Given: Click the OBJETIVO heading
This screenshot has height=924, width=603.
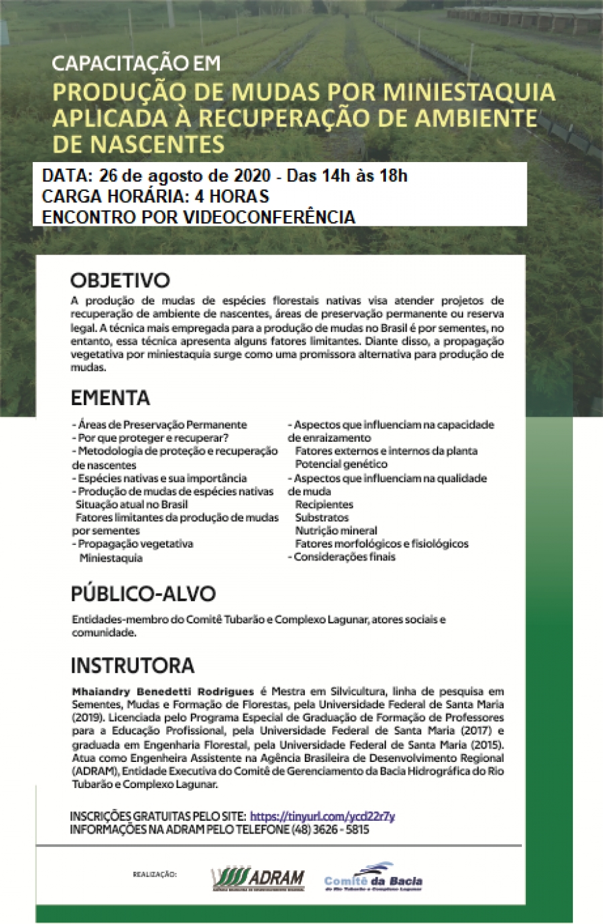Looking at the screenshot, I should (x=120, y=280).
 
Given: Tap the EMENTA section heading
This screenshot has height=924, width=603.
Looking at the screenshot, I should (x=110, y=398).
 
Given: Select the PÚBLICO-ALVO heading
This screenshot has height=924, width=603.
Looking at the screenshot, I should (x=143, y=594).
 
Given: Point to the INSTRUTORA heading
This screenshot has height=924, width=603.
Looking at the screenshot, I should (x=132, y=666).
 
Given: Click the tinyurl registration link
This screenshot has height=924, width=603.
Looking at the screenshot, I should (x=322, y=816).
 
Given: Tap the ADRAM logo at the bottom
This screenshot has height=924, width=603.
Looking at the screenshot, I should (x=258, y=878).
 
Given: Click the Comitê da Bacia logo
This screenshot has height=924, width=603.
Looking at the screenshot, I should (x=373, y=878).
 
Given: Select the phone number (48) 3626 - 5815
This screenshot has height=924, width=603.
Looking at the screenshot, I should (x=330, y=830).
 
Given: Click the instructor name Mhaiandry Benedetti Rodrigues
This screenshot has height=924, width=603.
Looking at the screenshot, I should (x=163, y=692).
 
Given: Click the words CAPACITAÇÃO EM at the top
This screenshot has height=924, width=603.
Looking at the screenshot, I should (x=136, y=64).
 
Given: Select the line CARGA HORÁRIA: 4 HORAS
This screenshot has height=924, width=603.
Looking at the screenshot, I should (x=155, y=196).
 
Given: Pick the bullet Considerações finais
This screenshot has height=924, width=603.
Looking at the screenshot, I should (x=344, y=557).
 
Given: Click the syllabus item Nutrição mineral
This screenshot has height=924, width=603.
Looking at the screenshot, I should (x=336, y=531).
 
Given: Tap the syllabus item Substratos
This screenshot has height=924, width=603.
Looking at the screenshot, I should (x=322, y=518).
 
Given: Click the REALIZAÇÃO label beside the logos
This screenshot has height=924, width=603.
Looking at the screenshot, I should (x=155, y=874).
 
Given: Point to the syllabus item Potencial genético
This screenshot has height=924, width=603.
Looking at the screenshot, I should (x=341, y=464).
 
